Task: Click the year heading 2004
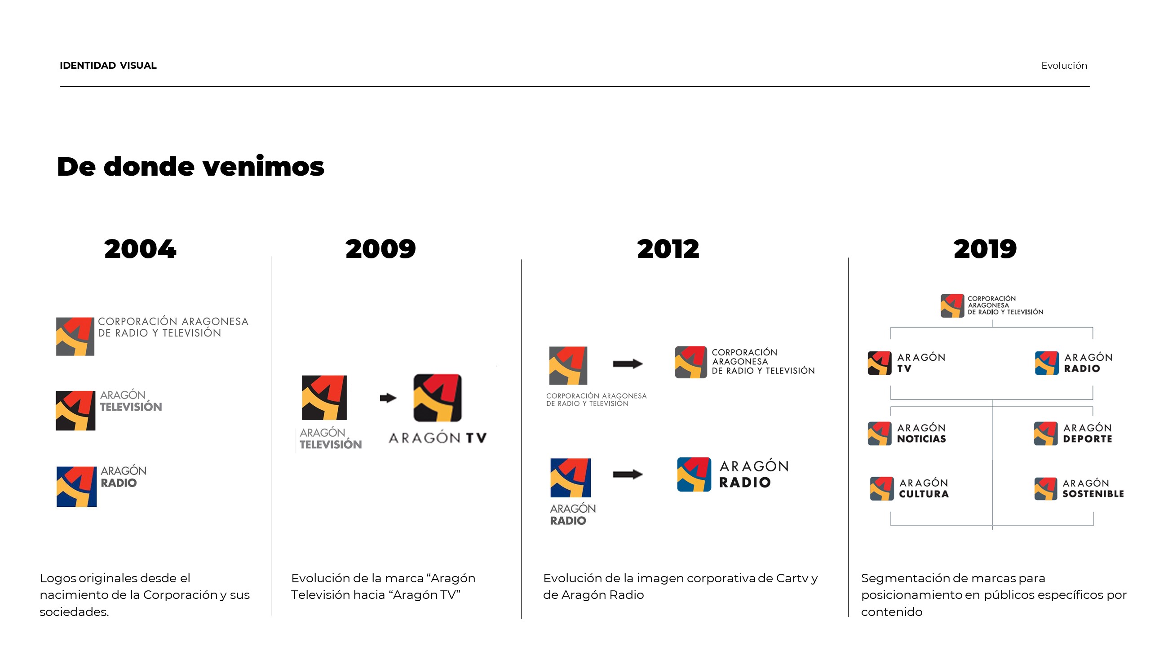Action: [140, 249]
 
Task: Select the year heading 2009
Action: [380, 249]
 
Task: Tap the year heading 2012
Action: [668, 249]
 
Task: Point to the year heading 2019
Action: [985, 249]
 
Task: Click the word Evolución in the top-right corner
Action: [1064, 66]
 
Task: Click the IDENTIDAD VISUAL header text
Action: [108, 66]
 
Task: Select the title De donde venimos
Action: [190, 167]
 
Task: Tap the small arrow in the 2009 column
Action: [388, 398]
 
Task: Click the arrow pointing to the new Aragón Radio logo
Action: [628, 474]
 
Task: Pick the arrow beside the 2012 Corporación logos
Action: [628, 363]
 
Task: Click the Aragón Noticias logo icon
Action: [880, 434]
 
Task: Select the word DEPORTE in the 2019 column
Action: [1088, 439]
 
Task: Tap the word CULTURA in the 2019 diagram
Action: [924, 494]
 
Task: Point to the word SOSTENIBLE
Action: [1093, 494]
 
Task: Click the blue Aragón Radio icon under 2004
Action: [76, 487]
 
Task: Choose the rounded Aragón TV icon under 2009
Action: [438, 398]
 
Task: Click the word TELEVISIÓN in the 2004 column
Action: [131, 407]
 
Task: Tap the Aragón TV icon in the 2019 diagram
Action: [880, 363]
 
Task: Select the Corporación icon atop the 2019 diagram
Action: [952, 306]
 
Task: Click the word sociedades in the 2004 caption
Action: [74, 612]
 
